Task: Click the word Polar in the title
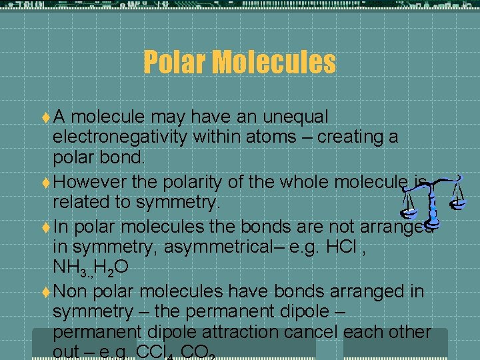click(173, 63)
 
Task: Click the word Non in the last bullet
click(69, 291)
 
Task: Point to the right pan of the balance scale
click(457, 199)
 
